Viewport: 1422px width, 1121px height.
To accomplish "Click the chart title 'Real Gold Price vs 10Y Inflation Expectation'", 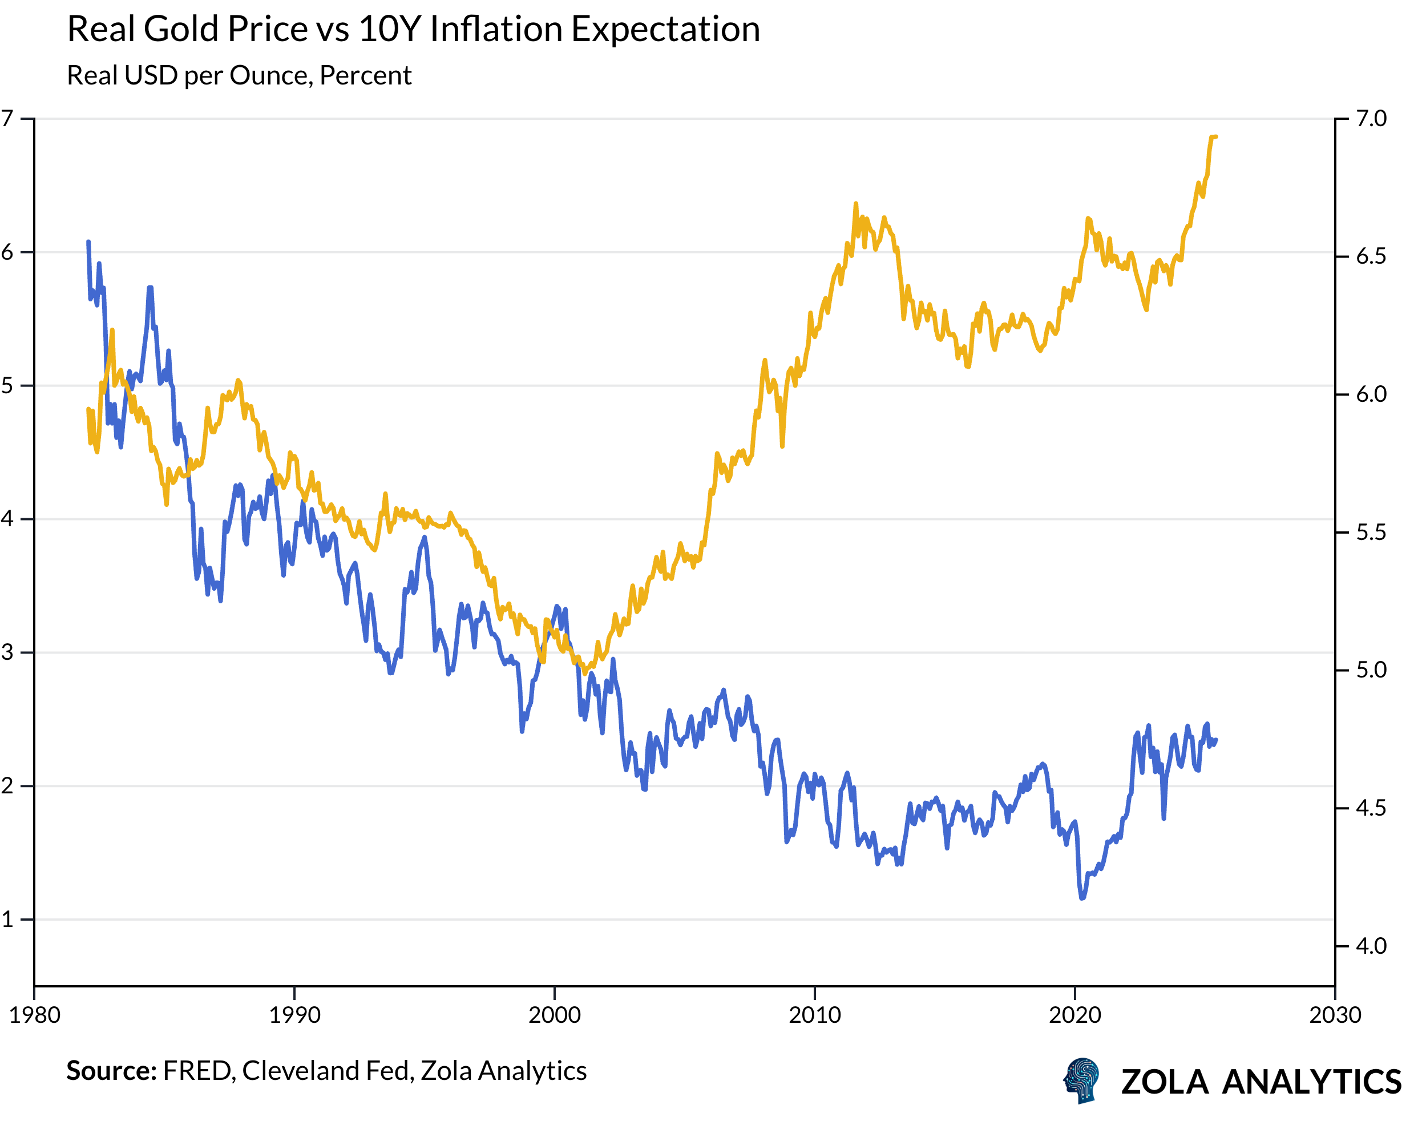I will pyautogui.click(x=413, y=30).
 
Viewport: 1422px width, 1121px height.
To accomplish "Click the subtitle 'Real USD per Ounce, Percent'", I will pyautogui.click(x=239, y=75).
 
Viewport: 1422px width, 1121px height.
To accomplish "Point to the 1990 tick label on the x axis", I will pyautogui.click(x=294, y=1015).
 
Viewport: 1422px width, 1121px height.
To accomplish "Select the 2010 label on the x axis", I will pyautogui.click(x=814, y=1015).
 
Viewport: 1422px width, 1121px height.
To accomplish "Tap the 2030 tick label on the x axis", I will pyautogui.click(x=1335, y=1015).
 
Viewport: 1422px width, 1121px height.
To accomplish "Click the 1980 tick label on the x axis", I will pyautogui.click(x=34, y=1015).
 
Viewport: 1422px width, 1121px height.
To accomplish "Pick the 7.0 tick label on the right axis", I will pyautogui.click(x=1371, y=119).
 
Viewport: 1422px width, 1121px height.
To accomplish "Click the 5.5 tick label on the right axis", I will pyautogui.click(x=1371, y=533).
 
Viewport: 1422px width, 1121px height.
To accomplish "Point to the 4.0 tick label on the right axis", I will pyautogui.click(x=1371, y=946).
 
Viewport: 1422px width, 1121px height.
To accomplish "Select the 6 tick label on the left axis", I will pyautogui.click(x=7, y=252).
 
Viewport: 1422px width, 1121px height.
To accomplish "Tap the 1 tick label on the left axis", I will pyautogui.click(x=7, y=919).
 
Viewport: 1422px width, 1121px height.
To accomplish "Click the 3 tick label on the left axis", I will pyautogui.click(x=7, y=652).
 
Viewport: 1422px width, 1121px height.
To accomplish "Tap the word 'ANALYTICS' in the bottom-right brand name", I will pyautogui.click(x=1311, y=1082).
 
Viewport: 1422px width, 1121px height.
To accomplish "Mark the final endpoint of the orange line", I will pyautogui.click(x=1216, y=136).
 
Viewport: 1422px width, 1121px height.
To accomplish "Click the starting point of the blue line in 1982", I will pyautogui.click(x=88, y=242).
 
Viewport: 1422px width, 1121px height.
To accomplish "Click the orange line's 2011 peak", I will pyautogui.click(x=856, y=204).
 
